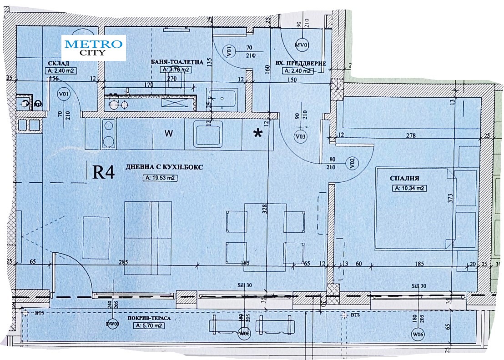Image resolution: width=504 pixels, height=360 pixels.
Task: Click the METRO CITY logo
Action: click(94, 47)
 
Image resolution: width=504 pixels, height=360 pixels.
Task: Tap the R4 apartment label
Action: click(103, 172)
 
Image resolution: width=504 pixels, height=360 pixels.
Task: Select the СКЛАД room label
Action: click(58, 63)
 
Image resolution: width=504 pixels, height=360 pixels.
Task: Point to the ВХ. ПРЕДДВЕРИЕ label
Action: click(301, 64)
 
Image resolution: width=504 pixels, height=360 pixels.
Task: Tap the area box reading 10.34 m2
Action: click(410, 188)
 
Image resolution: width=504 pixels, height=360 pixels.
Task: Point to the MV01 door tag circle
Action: click(302, 45)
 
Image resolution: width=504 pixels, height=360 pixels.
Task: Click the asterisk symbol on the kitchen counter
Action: click(258, 133)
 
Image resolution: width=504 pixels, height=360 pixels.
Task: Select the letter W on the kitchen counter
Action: click(169, 134)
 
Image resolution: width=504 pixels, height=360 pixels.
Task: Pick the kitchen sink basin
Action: click(208, 134)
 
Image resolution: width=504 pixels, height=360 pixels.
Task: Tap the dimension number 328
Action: click(264, 208)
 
